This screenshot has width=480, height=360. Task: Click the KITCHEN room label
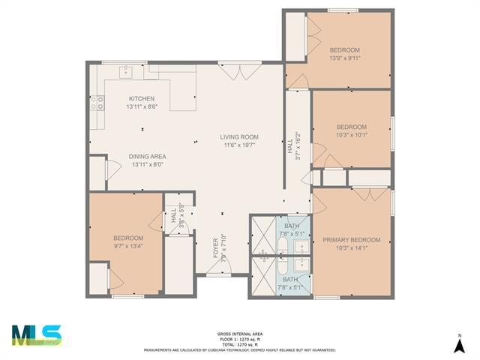(x=142, y=99)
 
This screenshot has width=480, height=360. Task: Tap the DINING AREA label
(x=148, y=156)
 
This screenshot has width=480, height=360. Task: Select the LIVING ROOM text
(x=239, y=137)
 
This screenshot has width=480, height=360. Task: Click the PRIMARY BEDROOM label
(x=351, y=240)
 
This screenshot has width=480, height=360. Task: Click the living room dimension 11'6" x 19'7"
(x=239, y=145)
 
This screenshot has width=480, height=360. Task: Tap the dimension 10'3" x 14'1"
(x=351, y=248)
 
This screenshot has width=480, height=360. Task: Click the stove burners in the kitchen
(x=97, y=103)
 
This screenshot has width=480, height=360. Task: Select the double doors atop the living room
(x=240, y=70)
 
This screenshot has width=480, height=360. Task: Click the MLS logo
(x=36, y=335)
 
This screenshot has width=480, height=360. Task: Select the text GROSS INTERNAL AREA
(x=240, y=334)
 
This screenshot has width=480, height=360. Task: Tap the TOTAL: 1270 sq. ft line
(x=240, y=343)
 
